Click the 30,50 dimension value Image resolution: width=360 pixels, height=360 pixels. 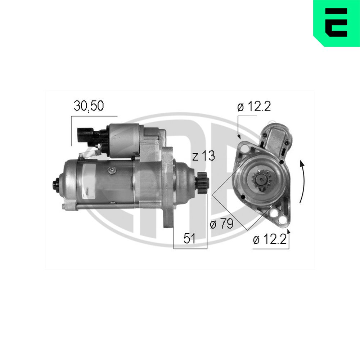pos(89,105)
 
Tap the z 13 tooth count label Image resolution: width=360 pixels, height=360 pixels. pos(203,156)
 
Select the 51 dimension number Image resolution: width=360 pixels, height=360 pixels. pos(190,239)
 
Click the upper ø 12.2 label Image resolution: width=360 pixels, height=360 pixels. pos(254,107)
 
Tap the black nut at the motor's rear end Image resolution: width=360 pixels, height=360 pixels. pos(56,184)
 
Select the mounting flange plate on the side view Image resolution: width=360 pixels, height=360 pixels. pos(167,187)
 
